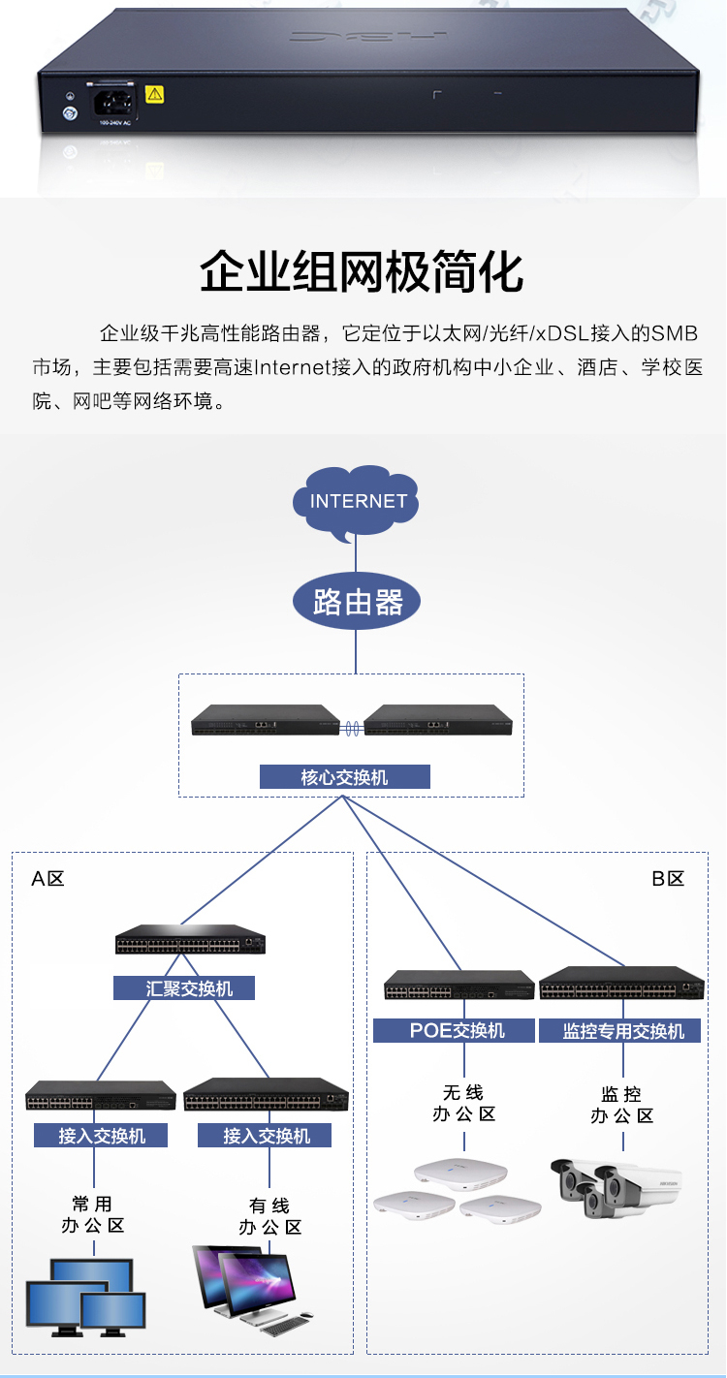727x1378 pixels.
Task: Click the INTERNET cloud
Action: [x=357, y=503]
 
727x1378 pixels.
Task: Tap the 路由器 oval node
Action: [x=357, y=603]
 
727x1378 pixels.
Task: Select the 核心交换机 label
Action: [x=344, y=777]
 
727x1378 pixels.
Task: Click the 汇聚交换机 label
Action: [x=185, y=988]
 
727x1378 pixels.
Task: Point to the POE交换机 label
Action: [x=454, y=1030]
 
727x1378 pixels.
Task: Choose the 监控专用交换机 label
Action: [x=623, y=1030]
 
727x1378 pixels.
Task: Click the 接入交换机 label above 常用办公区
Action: [x=101, y=1135]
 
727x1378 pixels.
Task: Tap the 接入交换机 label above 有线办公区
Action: [x=265, y=1135]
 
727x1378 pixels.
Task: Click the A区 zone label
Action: [x=47, y=879]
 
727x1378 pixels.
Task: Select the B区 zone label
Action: [x=668, y=879]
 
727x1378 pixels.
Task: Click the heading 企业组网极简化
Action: [x=362, y=273]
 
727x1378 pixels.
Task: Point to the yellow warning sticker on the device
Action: [x=154, y=94]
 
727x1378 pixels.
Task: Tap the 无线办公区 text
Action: [x=463, y=1104]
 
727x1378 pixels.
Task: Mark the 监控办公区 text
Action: [x=622, y=1105]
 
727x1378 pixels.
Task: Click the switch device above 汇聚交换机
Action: [x=190, y=940]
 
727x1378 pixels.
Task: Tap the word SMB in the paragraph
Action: [x=674, y=334]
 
